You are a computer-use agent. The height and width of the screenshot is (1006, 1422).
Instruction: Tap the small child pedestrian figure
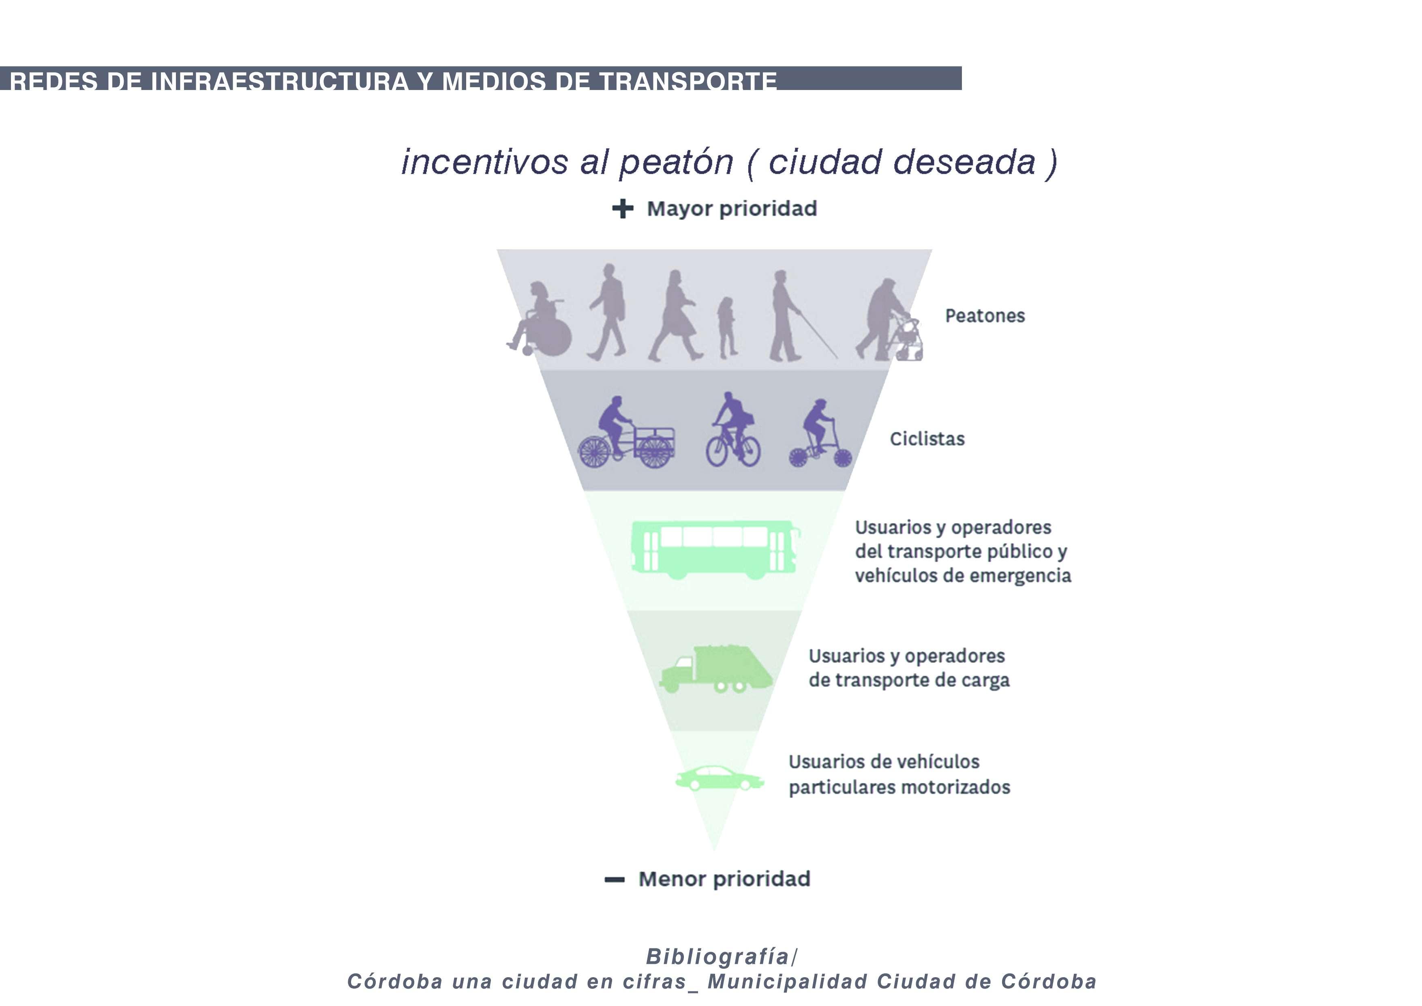click(x=727, y=327)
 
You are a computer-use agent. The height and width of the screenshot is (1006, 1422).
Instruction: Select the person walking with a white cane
click(x=785, y=316)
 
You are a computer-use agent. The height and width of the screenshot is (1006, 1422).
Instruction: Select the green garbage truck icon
click(x=716, y=669)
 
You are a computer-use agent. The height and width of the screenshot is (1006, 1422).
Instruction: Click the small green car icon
click(x=718, y=778)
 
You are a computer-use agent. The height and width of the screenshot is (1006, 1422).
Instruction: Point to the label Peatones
click(x=985, y=316)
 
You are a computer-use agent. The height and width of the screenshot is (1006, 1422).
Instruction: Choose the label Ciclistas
click(x=927, y=439)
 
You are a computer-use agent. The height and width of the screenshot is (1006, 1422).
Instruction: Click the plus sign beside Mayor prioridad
click(x=623, y=209)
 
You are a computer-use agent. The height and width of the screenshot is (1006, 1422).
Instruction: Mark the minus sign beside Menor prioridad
click(x=615, y=879)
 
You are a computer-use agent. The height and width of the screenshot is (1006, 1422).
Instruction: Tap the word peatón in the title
click(x=676, y=162)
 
